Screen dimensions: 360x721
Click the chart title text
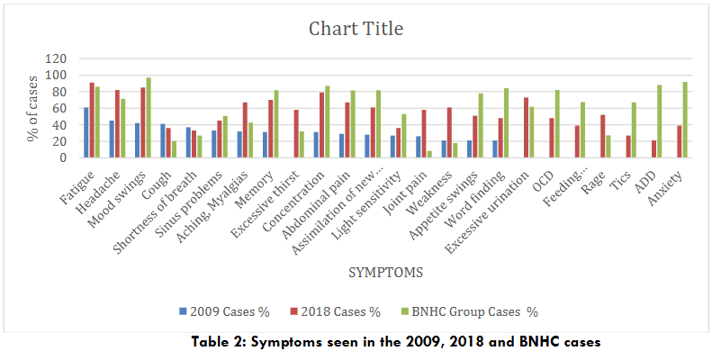(356, 28)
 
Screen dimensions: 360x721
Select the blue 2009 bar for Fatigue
(86, 132)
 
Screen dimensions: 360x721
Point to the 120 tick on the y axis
(59, 58)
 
